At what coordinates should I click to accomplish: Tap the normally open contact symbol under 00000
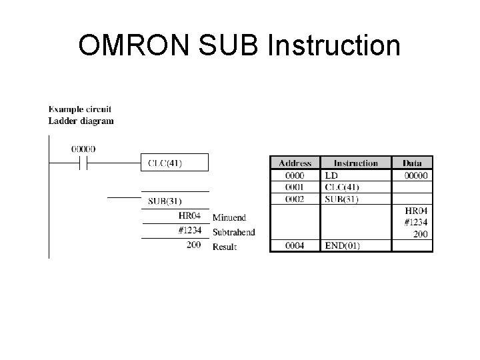[x=83, y=163]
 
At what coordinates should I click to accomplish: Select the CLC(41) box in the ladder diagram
[x=175, y=163]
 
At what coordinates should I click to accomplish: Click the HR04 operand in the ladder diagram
[x=189, y=215]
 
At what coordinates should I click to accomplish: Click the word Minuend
[x=229, y=217]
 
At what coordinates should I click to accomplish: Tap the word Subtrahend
[x=233, y=232]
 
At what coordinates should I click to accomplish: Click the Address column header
[x=295, y=163]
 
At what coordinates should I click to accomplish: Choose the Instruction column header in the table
[x=355, y=163]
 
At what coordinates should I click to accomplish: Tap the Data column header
[x=412, y=163]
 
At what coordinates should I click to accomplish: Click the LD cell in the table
[x=332, y=175]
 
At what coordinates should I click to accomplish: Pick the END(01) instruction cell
[x=342, y=245]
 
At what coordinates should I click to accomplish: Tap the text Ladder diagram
[x=81, y=121]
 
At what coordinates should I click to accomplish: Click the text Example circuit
[x=80, y=109]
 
